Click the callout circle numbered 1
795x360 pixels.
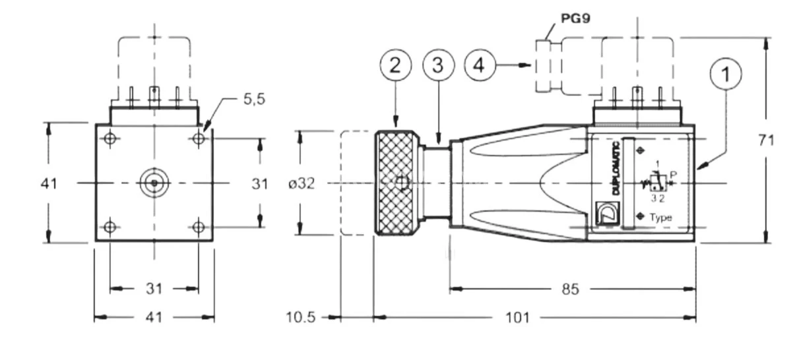726,75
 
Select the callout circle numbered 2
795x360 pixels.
395,65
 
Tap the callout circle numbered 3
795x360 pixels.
437,65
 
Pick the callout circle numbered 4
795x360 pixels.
480,65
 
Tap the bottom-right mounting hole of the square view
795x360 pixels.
199,227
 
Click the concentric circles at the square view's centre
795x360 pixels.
154,183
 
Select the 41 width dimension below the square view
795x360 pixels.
154,318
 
